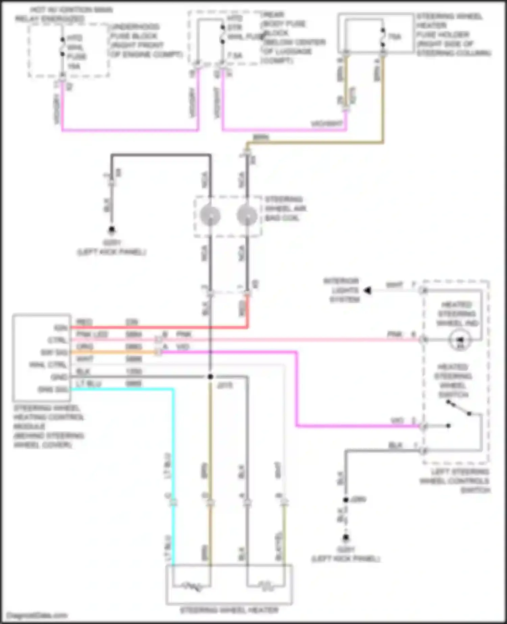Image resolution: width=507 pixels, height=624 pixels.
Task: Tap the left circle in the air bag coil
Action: (210, 215)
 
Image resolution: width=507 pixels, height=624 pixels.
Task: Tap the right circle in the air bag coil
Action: (247, 215)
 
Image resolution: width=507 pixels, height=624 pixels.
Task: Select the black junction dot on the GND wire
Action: (210, 377)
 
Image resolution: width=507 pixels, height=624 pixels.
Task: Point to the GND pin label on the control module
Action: (59, 377)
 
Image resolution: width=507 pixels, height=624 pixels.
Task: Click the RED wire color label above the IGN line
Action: (84, 322)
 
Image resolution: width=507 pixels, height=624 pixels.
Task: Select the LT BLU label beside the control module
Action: (89, 384)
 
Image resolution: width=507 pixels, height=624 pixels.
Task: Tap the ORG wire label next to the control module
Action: (84, 347)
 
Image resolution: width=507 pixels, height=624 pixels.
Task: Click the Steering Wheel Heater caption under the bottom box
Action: (229, 610)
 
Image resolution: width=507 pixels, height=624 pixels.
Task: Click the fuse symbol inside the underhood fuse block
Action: (63, 47)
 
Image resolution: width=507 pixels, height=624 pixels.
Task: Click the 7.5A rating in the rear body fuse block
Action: (235, 55)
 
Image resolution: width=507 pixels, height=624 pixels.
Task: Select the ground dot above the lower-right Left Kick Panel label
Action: (346, 537)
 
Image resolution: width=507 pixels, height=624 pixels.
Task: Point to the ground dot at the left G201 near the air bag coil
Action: (112, 230)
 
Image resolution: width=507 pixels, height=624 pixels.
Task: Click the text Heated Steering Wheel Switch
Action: (453, 381)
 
